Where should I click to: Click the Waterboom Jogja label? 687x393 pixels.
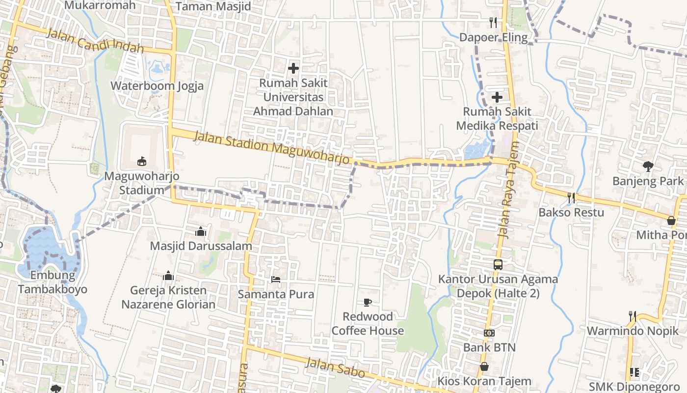[157, 86]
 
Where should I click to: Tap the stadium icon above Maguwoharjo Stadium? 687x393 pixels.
[142, 161]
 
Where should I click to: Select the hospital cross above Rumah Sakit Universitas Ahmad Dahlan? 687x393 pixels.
[293, 68]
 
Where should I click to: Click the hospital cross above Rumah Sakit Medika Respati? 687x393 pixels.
[497, 97]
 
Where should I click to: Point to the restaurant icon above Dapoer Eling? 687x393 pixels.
[493, 22]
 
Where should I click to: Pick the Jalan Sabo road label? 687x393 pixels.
[335, 367]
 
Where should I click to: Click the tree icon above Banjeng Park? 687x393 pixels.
[648, 167]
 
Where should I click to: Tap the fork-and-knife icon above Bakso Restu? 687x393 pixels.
[571, 197]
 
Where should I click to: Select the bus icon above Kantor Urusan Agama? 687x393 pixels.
[498, 264]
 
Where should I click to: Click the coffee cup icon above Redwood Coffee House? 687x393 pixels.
[368, 302]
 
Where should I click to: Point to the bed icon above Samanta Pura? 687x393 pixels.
[276, 280]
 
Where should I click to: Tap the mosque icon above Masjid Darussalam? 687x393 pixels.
[201, 231]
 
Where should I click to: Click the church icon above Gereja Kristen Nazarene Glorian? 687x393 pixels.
[168, 276]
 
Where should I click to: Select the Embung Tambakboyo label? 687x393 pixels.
[53, 282]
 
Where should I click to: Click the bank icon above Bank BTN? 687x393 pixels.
[489, 333]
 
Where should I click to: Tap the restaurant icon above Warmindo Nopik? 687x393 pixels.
[633, 316]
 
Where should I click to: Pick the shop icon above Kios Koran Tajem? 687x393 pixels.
[484, 366]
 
